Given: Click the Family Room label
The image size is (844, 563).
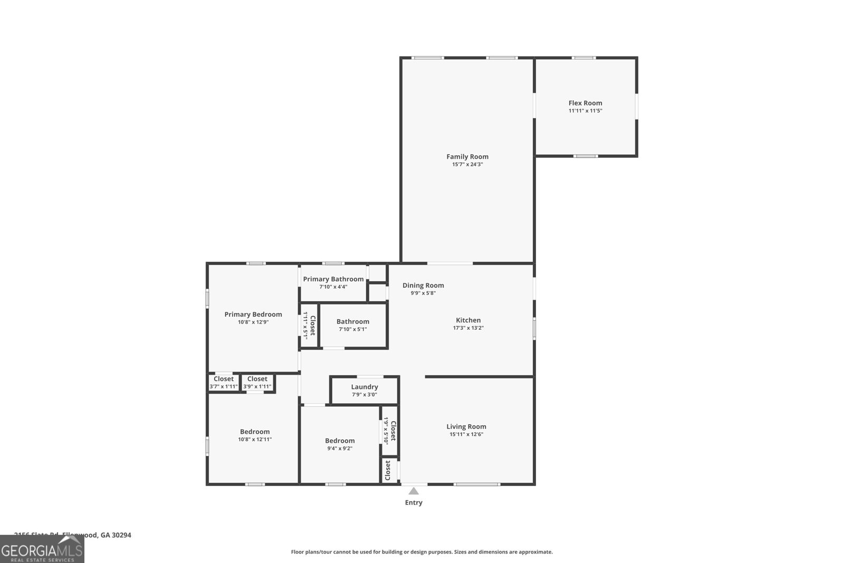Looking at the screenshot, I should pos(467,157).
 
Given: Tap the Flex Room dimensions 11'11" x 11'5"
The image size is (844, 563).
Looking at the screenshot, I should pos(585,111).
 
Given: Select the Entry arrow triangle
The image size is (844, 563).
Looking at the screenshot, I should pos(414,491).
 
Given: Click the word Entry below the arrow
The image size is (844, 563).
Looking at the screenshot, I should pos(414,503).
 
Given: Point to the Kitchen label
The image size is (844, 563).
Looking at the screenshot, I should pos(468,320).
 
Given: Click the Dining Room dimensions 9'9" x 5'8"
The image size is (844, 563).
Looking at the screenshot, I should pos(423,293).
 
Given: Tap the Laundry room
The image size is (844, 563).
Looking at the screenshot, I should pos(364,390).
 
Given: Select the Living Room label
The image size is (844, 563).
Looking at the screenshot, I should pos(466,427).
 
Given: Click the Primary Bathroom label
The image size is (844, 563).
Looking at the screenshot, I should pos(333,279).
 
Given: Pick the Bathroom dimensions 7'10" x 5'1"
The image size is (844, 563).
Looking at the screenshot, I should pos(352,329).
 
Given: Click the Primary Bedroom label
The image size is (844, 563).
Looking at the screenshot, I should pos(253,314).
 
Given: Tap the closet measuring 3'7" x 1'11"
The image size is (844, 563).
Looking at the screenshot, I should pos(224,383).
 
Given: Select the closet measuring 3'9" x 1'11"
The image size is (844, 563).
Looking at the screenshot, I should pos(257,383).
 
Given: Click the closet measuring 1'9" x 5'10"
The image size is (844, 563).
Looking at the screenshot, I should pos(389,431).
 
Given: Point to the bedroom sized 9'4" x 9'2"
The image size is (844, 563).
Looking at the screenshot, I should pos(340,444).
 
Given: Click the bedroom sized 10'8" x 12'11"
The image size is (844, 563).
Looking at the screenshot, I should pos(255,435).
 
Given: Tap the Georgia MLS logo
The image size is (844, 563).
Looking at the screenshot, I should pos(42,549).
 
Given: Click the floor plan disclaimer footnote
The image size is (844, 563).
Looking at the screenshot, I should pos(421,552).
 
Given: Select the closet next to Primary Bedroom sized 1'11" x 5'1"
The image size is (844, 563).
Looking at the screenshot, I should pos(309,326).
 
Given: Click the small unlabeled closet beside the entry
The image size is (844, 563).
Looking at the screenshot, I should pos(389,470).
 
